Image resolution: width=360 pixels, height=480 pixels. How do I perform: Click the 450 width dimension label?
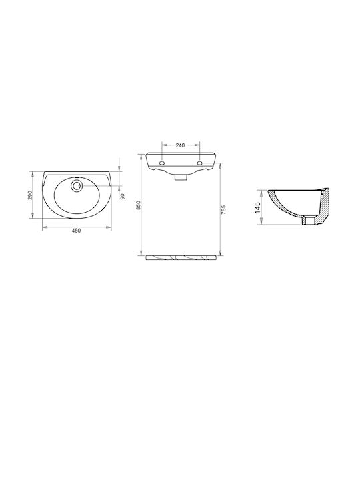(76, 231)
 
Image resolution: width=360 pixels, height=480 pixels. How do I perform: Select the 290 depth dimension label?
(30, 195)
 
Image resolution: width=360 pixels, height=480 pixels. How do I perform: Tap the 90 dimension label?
(123, 197)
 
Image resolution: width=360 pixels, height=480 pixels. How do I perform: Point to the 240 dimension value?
(180, 145)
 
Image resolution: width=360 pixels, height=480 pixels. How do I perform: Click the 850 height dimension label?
(138, 205)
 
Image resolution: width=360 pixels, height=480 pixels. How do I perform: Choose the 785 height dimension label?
(223, 209)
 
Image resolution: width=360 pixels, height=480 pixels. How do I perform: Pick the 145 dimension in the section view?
(257, 207)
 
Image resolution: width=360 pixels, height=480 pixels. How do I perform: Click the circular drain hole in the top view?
(77, 185)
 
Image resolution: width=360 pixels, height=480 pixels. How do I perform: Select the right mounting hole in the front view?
(200, 163)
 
